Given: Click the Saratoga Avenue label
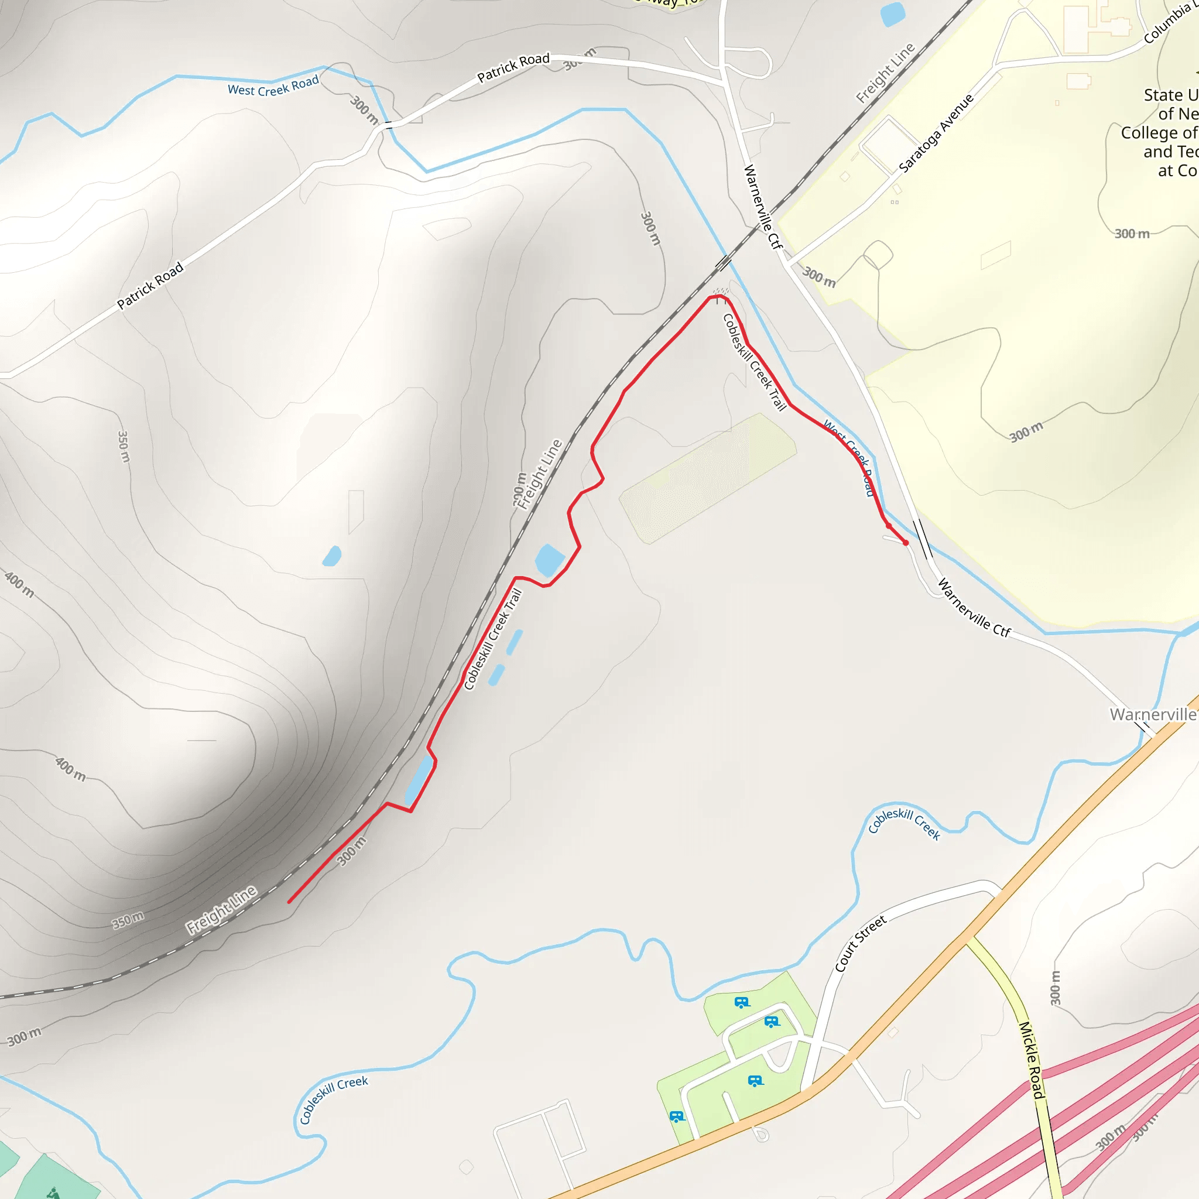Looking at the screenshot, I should [x=937, y=133].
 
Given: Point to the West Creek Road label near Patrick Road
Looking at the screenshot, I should [x=273, y=86].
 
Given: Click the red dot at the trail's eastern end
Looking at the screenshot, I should [x=906, y=543].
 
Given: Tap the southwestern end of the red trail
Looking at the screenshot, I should [x=289, y=902].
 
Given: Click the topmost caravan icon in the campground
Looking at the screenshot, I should [x=742, y=1002].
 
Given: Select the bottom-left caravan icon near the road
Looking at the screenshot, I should [x=676, y=1116].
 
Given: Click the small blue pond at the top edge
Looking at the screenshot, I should [x=892, y=13].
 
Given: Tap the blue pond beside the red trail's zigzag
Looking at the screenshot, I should [x=549, y=560].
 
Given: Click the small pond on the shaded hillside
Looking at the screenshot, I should [x=333, y=556].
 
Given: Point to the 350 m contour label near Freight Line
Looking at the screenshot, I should [x=128, y=920].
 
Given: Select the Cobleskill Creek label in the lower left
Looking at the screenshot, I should [x=333, y=1099].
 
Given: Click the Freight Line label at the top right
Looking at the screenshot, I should [x=885, y=73].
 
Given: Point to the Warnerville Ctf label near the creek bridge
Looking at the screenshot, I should [x=974, y=608].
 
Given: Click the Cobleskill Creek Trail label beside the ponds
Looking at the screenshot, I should [x=493, y=639].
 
